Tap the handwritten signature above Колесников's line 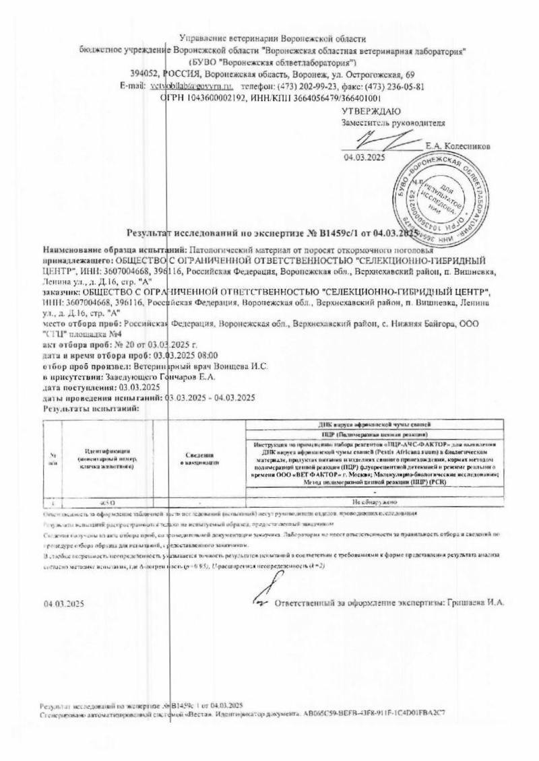coord(374,141)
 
